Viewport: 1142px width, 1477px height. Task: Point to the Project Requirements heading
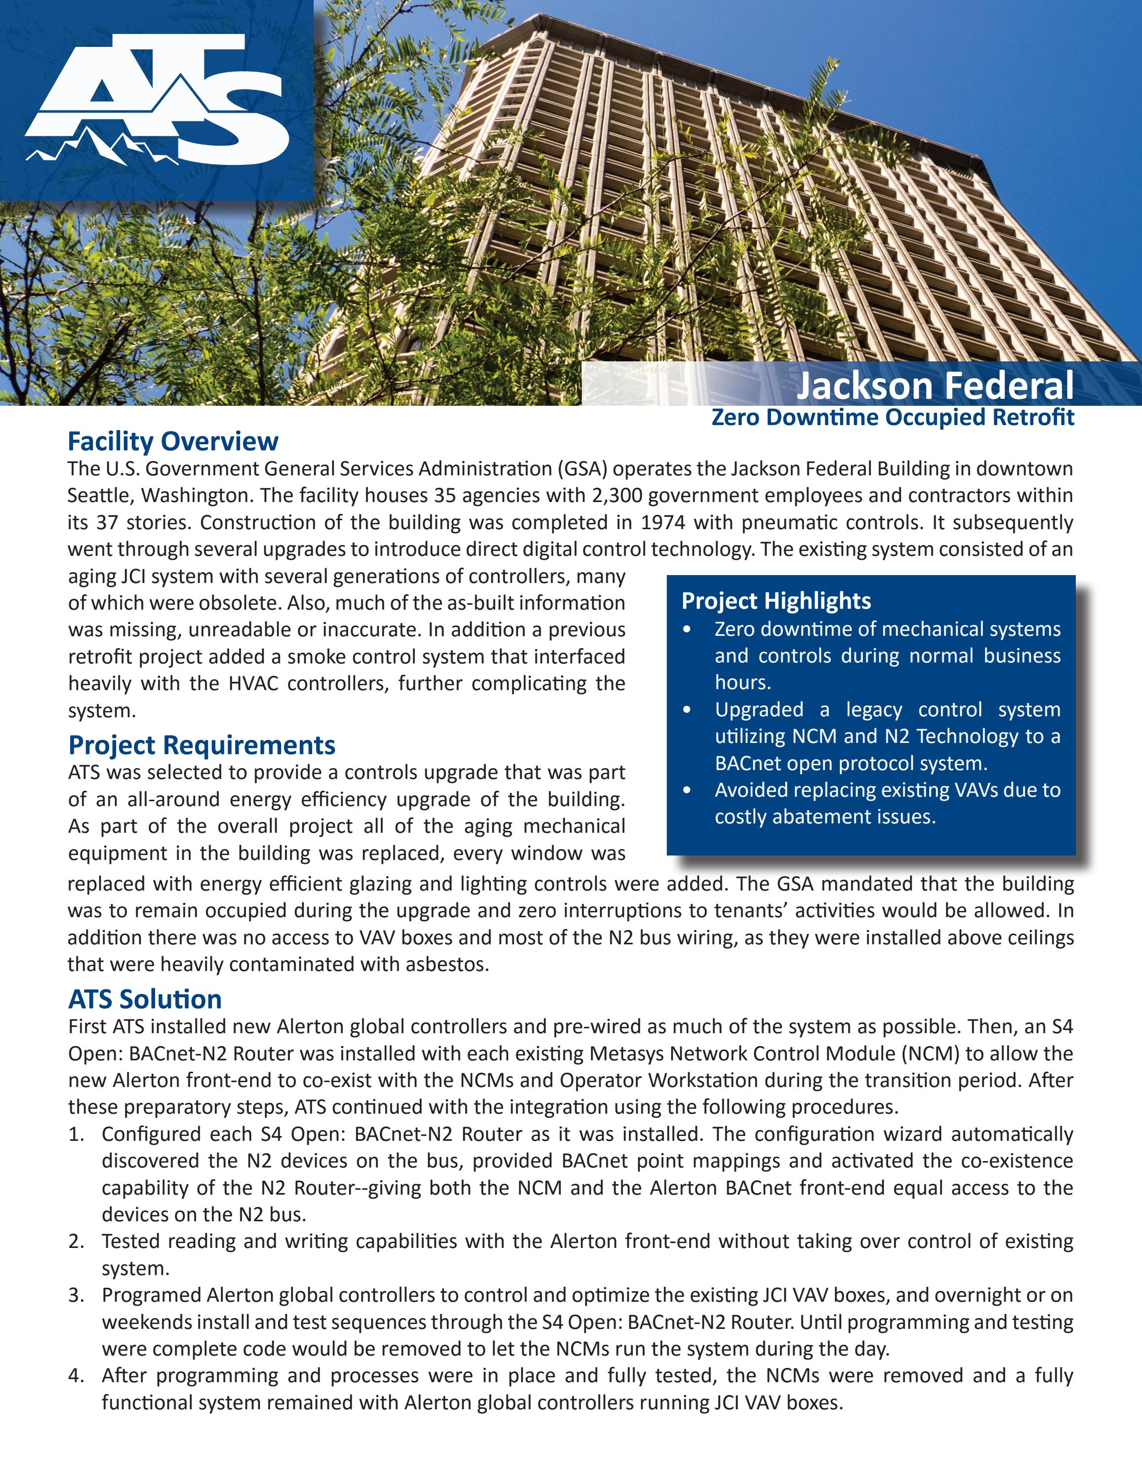click(x=202, y=745)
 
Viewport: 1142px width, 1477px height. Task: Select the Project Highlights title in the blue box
click(x=776, y=601)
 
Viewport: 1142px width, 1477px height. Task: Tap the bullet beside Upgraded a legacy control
click(x=688, y=710)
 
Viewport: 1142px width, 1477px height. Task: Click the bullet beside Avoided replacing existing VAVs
click(x=688, y=790)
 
